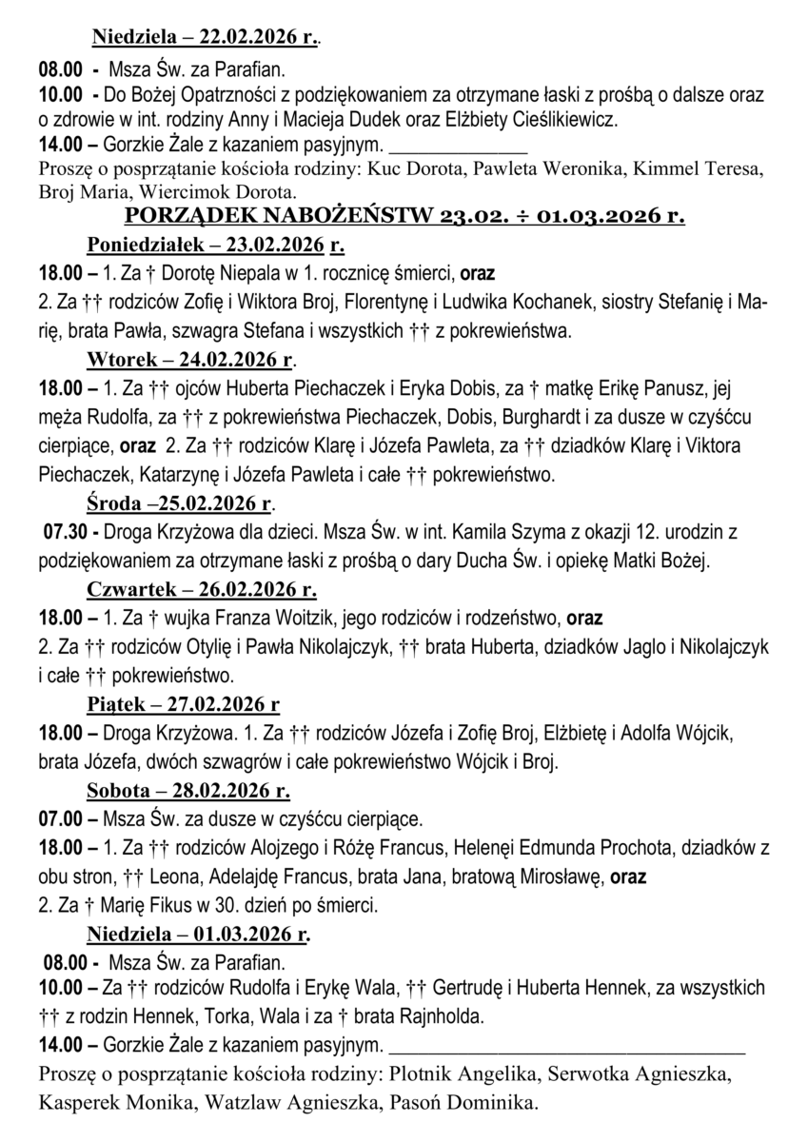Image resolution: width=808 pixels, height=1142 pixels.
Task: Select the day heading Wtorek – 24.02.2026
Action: (190, 360)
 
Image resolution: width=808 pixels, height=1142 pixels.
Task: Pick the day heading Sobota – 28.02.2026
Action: (188, 790)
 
